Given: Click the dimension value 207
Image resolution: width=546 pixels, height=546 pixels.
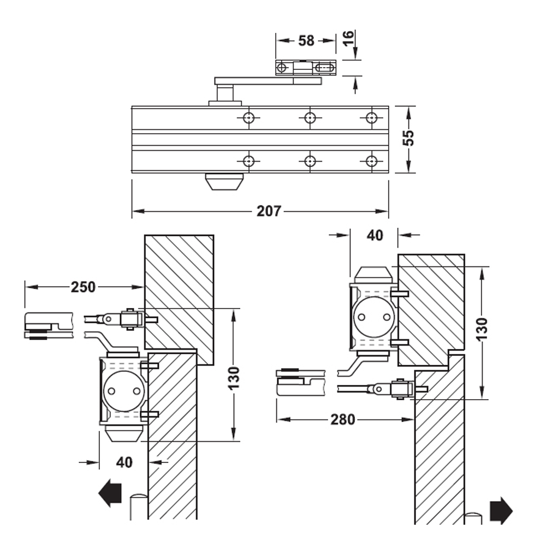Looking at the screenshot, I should pyautogui.click(x=269, y=211).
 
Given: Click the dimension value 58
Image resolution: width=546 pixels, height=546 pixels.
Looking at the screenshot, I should pyautogui.click(x=307, y=40).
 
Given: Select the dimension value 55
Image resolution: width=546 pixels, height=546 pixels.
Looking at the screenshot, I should pyautogui.click(x=408, y=138).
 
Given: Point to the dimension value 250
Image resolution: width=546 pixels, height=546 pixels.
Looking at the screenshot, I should pyautogui.click(x=83, y=287).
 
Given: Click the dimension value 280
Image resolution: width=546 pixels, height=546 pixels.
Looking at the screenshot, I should pyautogui.click(x=342, y=419).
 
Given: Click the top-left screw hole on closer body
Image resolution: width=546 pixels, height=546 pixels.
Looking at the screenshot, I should pyautogui.click(x=249, y=117).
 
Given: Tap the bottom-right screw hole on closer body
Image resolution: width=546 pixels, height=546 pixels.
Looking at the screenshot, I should pyautogui.click(x=372, y=161).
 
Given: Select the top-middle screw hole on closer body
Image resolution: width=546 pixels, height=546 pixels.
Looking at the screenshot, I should pyautogui.click(x=310, y=117).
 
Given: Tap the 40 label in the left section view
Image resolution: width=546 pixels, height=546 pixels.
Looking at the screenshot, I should pyautogui.click(x=124, y=462).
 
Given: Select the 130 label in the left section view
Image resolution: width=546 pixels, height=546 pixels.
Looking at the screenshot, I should pyautogui.click(x=234, y=377).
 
